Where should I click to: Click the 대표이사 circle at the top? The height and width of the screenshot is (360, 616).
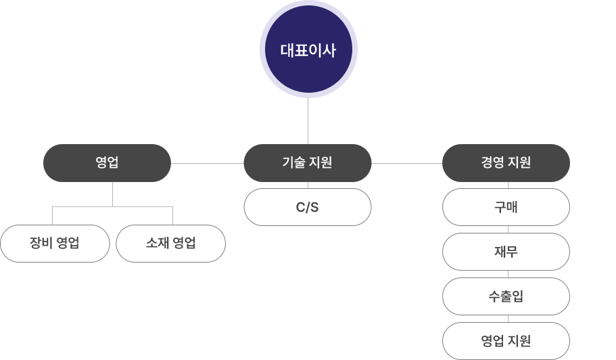tap(308, 49)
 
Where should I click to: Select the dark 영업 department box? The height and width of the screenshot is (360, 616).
tap(106, 162)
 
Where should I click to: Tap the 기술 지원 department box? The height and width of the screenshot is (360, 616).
tap(307, 162)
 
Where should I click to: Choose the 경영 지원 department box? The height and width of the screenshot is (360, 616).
tap(505, 162)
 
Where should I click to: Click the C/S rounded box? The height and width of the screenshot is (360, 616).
tap(307, 207)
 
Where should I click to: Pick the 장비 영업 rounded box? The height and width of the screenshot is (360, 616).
tap(55, 244)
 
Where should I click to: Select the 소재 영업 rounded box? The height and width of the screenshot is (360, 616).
tap(170, 244)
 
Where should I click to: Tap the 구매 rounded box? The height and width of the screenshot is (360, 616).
tap(505, 207)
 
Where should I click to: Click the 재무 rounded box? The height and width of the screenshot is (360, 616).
tap(505, 252)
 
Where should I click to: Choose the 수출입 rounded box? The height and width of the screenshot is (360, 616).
tap(505, 296)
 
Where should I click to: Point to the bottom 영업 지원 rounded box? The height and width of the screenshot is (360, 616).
tap(505, 340)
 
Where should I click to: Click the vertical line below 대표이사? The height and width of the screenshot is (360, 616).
tap(308, 120)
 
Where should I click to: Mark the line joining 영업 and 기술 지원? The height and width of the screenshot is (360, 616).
tap(207, 163)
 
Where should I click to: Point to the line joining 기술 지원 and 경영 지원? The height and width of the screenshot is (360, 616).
tap(406, 163)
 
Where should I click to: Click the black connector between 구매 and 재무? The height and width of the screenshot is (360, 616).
tap(505, 229)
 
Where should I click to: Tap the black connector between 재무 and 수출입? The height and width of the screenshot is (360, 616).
tap(505, 274)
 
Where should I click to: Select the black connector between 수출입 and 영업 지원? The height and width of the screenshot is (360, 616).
tap(505, 319)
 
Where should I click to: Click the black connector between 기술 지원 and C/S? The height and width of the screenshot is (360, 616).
tap(307, 185)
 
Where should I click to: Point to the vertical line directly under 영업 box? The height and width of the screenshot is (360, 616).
tap(113, 194)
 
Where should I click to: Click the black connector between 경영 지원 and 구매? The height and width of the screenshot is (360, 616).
tap(505, 185)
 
